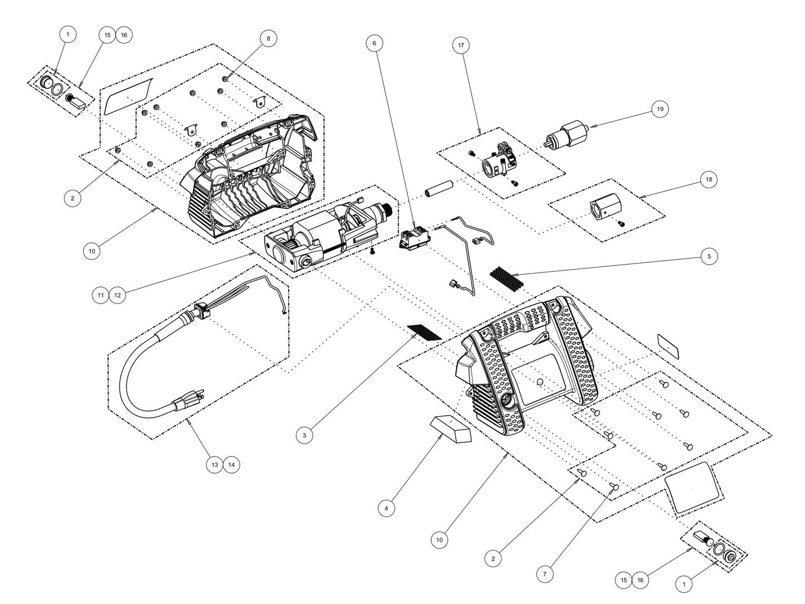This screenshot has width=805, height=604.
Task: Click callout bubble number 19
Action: (660, 109)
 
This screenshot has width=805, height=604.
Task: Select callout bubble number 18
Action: (708, 179)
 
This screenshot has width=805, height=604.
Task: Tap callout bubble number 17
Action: (461, 45)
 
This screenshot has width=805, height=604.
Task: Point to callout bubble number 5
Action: (709, 256)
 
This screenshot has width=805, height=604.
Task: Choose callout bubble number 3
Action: (304, 435)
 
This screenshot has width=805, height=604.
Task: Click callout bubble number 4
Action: (386, 508)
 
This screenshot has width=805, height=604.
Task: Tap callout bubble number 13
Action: (215, 464)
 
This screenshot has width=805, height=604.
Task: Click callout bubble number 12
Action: (118, 295)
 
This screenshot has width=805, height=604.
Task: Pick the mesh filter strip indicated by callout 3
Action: (425, 332)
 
